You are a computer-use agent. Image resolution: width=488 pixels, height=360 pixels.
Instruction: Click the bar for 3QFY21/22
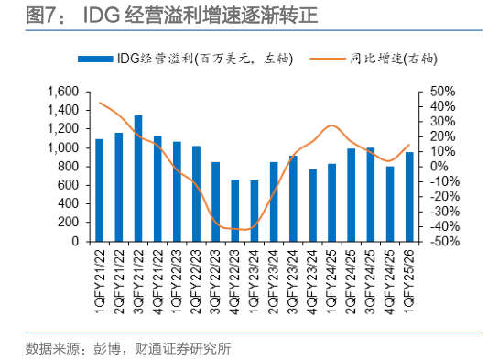[138, 179]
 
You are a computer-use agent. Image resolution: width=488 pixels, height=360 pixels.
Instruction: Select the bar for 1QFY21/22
[100, 191]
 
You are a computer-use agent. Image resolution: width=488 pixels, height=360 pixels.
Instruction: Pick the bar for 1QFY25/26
[409, 197]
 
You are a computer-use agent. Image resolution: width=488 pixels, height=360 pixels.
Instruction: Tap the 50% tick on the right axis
[431, 92]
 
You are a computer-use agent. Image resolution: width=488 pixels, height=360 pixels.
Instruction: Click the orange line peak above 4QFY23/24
[331, 125]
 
